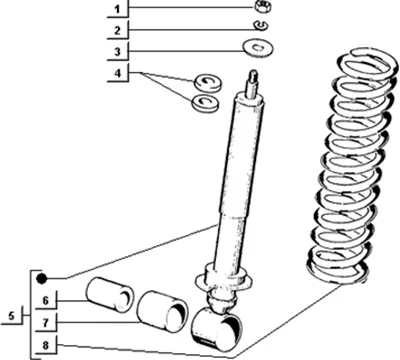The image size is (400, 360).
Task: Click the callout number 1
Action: click(117, 9)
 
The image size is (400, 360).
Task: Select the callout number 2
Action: click(117, 31)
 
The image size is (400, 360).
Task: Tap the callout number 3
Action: click(117, 52)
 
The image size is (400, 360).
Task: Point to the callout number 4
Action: click(118, 73)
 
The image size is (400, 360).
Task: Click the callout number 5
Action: click(12, 315)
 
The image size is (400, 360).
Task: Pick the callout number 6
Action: click(45, 300)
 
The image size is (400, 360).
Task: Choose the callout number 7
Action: click(45, 322)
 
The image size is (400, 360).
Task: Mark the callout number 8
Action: click(45, 345)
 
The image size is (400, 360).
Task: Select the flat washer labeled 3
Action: click(258, 48)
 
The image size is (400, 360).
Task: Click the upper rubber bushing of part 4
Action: click(208, 83)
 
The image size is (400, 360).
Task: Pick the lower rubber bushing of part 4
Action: click(206, 103)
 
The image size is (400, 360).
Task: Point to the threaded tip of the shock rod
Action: click(253, 77)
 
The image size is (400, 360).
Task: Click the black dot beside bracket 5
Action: click(41, 278)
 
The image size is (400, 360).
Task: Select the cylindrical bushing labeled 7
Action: click(163, 312)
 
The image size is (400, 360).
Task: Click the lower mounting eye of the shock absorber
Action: click(217, 329)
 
